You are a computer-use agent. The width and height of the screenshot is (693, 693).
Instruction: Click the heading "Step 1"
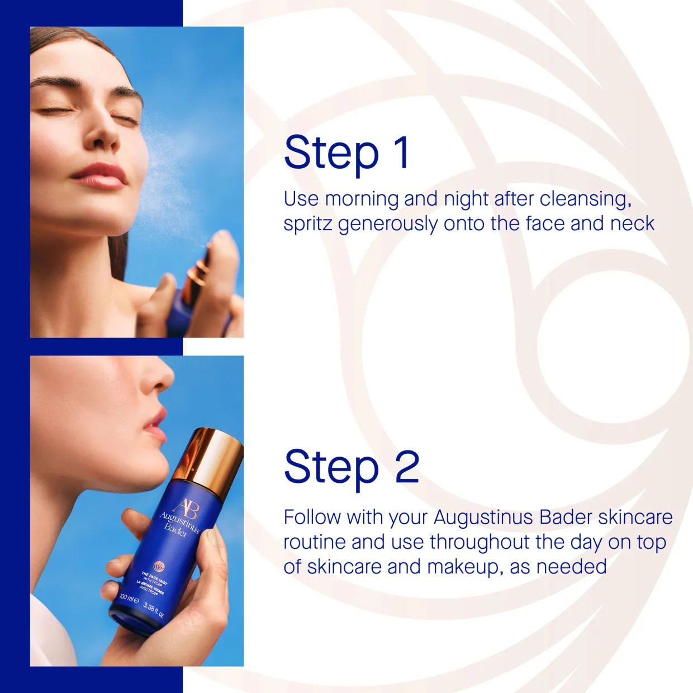coord(347,153)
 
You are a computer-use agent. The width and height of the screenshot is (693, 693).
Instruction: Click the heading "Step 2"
coord(352,467)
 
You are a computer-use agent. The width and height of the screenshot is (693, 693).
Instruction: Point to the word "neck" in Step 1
coord(632,224)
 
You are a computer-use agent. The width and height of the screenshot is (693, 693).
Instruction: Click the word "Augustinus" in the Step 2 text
coord(483,518)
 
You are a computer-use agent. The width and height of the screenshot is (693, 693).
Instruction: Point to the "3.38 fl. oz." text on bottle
coord(154,610)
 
